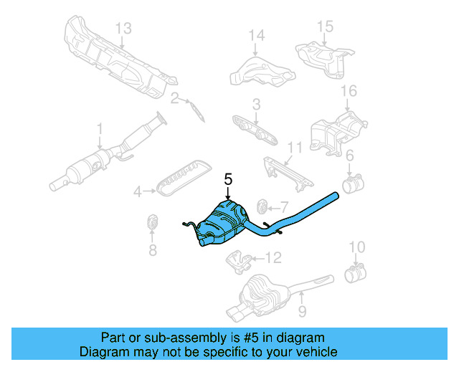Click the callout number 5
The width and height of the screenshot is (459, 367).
228,179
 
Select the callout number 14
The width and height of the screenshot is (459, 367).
256,34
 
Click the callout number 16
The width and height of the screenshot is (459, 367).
348,91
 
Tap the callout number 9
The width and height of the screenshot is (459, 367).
302,311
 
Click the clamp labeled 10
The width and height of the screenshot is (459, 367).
354,274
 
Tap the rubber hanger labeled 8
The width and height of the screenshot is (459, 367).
152,222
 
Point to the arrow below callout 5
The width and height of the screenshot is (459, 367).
228,196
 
